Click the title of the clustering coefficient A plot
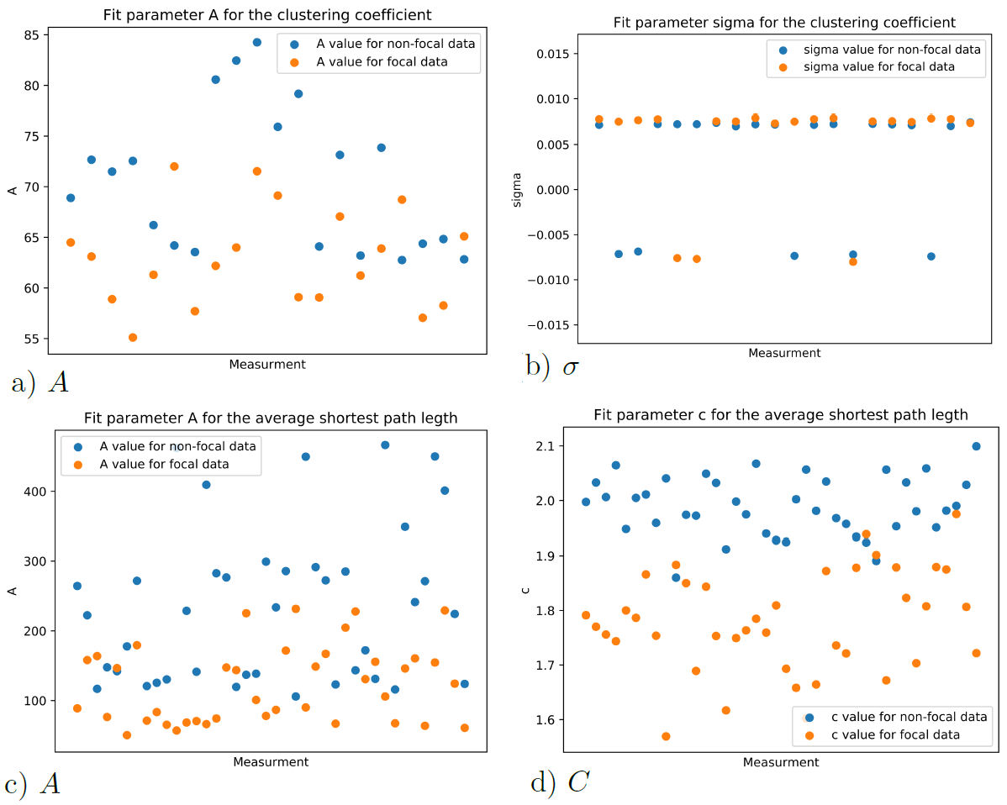point(267,14)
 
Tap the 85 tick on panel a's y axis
point(33,35)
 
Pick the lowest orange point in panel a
point(133,338)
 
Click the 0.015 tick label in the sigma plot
point(552,54)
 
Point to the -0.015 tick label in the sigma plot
point(550,325)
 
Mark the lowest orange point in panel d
point(666,736)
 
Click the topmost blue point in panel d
point(976,446)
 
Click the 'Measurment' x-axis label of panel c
point(271,762)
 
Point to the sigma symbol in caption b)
point(570,368)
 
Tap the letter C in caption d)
point(577,783)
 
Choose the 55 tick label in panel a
point(33,339)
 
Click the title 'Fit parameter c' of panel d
point(780,415)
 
